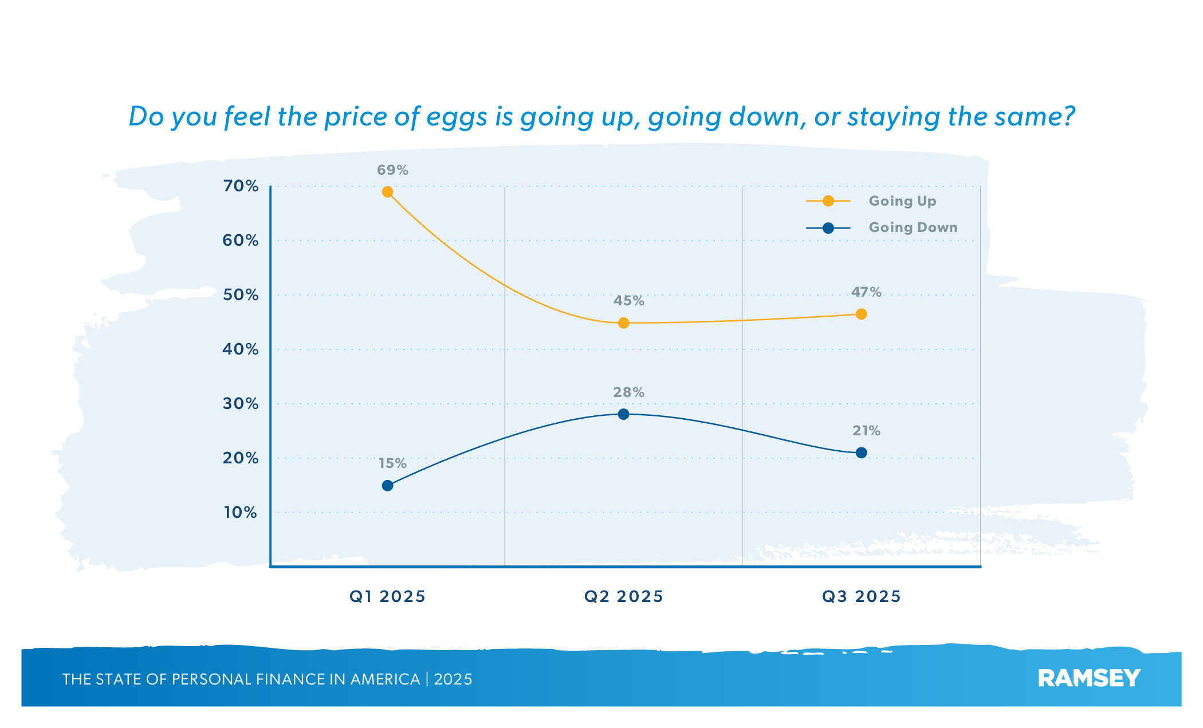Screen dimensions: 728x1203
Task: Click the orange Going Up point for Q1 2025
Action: pyautogui.click(x=387, y=192)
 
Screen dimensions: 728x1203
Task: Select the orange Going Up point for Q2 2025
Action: pyautogui.click(x=623, y=323)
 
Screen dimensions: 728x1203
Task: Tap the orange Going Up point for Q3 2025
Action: pyautogui.click(x=861, y=314)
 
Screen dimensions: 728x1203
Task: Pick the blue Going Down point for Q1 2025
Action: pyautogui.click(x=387, y=486)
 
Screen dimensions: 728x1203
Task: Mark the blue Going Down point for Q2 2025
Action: pyautogui.click(x=623, y=414)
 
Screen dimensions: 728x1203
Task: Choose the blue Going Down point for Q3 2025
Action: pyautogui.click(x=861, y=452)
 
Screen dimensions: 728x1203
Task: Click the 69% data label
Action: pyautogui.click(x=392, y=170)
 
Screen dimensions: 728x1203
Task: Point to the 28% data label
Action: pyautogui.click(x=628, y=392)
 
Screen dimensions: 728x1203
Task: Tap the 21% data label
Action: pyautogui.click(x=866, y=431)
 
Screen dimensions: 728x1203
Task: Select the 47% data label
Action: pyautogui.click(x=866, y=292)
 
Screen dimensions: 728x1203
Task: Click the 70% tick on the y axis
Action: pyautogui.click(x=241, y=186)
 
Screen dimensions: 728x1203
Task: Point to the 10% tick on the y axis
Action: pyautogui.click(x=241, y=513)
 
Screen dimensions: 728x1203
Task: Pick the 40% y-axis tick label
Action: pyautogui.click(x=241, y=349)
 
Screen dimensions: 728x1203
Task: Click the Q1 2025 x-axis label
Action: pyautogui.click(x=387, y=597)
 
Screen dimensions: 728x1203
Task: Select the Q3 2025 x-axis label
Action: pyautogui.click(x=861, y=597)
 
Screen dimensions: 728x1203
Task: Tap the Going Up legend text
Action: pyautogui.click(x=902, y=201)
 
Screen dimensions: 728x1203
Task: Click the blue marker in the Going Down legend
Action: pyautogui.click(x=828, y=228)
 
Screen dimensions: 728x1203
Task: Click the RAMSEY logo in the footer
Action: pyautogui.click(x=1089, y=679)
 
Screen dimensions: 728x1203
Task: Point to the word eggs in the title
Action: pyautogui.click(x=456, y=117)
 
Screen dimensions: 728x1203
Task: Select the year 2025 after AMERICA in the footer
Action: pyautogui.click(x=453, y=679)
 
